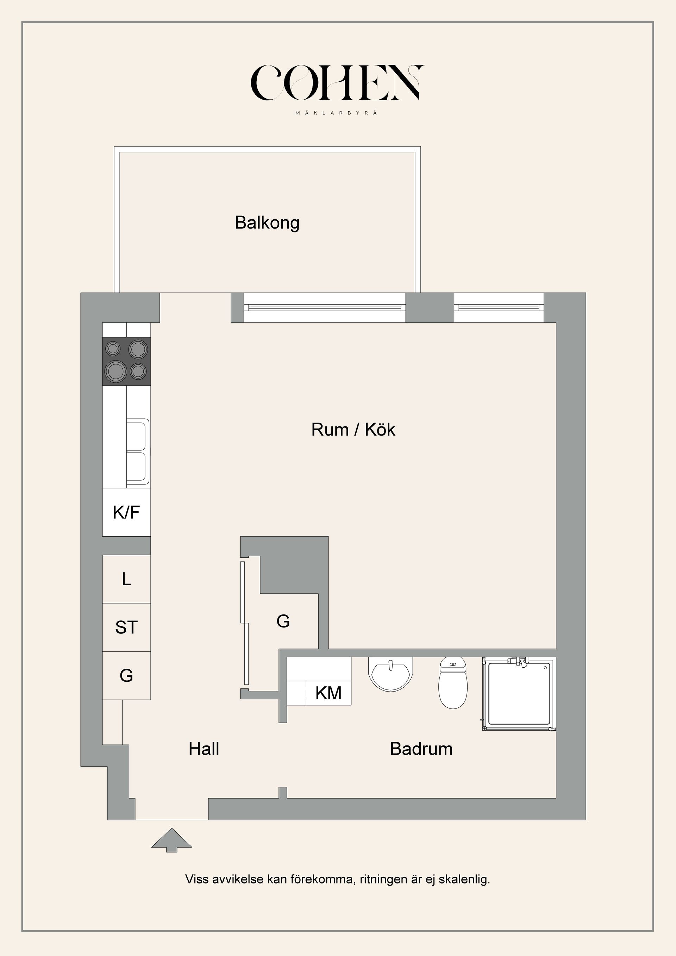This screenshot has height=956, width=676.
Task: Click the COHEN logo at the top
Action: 337,83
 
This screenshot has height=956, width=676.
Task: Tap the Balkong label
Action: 267,223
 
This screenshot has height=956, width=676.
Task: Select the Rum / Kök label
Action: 353,430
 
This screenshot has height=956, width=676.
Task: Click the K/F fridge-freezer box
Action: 126,512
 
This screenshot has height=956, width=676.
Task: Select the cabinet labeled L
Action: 126,579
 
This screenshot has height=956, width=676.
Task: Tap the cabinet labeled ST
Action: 126,627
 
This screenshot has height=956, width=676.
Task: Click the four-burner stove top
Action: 126,361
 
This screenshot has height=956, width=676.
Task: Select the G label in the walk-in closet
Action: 283,621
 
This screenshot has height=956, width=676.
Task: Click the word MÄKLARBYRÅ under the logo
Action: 337,112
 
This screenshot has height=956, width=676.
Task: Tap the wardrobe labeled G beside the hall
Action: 126,675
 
